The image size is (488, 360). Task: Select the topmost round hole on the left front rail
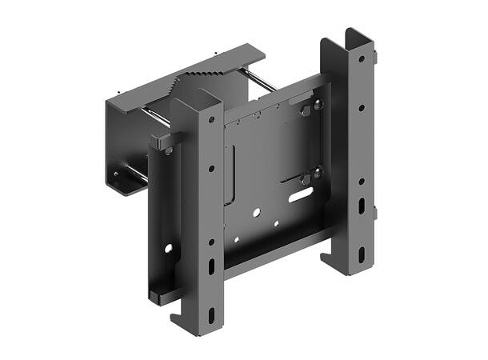coord(211,120)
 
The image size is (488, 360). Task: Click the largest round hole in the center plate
coord(256,213)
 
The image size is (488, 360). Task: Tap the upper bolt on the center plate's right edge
coord(317,104)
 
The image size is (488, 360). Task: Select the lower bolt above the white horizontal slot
coord(316,171)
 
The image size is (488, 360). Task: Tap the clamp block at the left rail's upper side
coord(166,141)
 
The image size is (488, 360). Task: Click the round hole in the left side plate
coord(169,249)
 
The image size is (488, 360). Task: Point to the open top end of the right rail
coord(357,35)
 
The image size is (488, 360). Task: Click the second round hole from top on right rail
coord(361,106)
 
